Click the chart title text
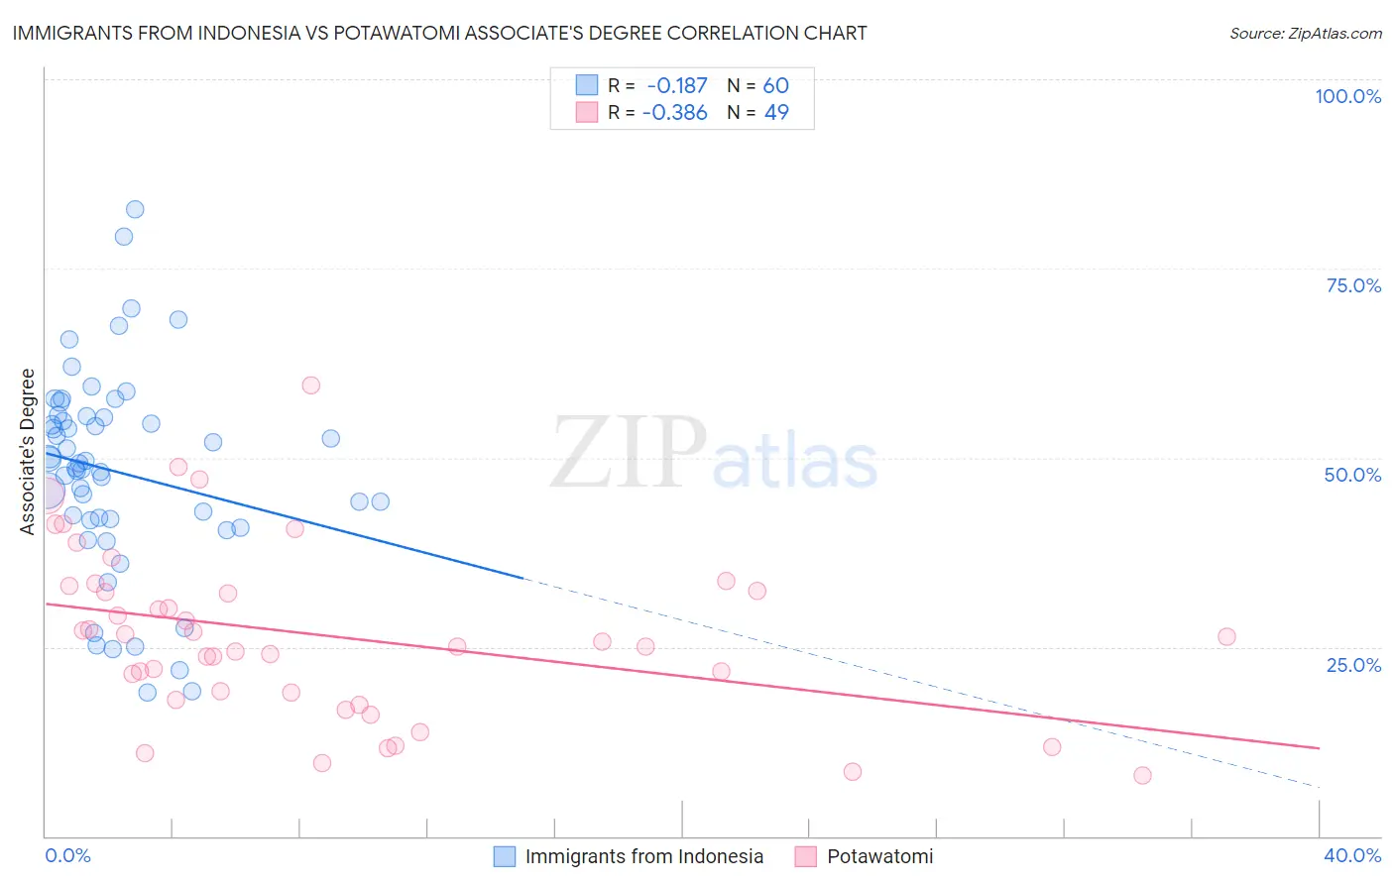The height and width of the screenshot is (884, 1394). coord(439,33)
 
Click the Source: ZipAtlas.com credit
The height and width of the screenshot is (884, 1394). coord(1305,33)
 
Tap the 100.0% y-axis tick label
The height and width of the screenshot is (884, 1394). coord(1347,96)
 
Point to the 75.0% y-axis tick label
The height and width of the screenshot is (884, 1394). coord(1353,285)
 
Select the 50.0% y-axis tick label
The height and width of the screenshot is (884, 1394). coord(1352,475)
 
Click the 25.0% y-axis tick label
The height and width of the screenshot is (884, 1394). coord(1353,664)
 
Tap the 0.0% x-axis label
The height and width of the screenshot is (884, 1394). coord(67,855)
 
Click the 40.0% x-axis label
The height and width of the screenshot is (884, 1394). coord(1351,855)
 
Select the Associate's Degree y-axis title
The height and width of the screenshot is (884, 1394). coord(28,452)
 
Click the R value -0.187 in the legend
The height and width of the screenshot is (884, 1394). coord(676,86)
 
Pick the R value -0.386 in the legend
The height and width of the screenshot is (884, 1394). coord(674,112)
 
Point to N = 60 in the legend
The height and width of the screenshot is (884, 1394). coord(757,86)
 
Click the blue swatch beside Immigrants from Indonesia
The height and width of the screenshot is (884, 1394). coord(505,856)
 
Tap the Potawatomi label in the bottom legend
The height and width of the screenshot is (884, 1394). coord(879,856)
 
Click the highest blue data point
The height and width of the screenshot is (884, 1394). coord(135,209)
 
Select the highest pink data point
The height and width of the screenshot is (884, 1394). coord(310,386)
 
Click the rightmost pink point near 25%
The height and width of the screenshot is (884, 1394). coord(1226,636)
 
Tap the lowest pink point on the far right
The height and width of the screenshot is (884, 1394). coord(1142,775)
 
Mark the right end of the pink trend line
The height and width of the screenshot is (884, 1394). coord(1319,747)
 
